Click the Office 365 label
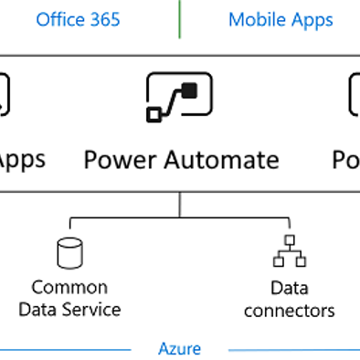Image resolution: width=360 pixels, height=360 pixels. coord(78,19)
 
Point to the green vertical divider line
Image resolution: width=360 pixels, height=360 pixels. coord(180,18)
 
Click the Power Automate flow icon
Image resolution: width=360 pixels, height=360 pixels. coord(179,97)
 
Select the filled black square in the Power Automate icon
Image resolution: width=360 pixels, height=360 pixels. coord(191,90)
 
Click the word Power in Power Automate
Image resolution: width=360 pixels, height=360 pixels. coord(120,160)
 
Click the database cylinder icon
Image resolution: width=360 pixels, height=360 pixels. coord(69,253)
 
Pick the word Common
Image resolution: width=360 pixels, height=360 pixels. coord(69,287)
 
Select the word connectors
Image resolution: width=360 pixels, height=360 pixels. coord(289,311)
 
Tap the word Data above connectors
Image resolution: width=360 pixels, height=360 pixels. coord(289,288)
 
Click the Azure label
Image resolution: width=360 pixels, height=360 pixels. coord(179,349)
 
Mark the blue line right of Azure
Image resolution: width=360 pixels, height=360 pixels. coord(292,349)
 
